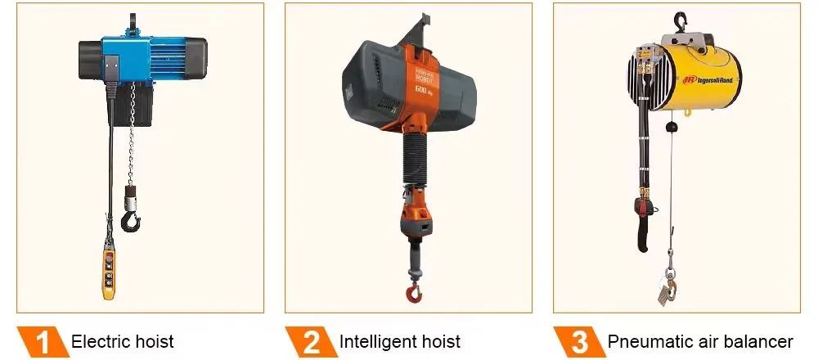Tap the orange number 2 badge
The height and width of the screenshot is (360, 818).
(x=310, y=341)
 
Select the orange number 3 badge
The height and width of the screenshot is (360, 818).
(x=578, y=341)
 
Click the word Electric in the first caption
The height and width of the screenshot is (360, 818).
(x=101, y=341)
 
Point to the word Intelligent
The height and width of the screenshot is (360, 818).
(x=375, y=341)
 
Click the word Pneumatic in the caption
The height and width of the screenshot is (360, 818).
(x=645, y=341)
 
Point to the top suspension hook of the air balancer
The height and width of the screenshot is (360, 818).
(x=679, y=20)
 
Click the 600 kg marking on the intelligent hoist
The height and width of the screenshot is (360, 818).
(x=423, y=88)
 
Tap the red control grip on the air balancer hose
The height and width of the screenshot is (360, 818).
(x=645, y=214)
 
